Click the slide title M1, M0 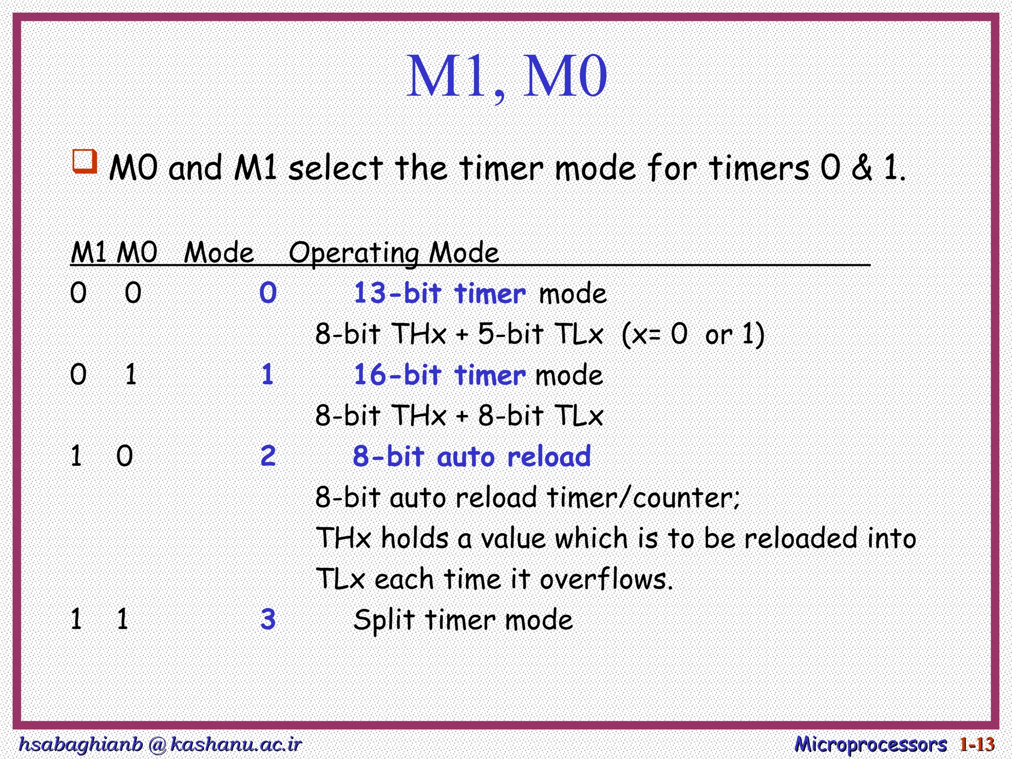506,77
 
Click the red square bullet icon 84,161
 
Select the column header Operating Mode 393,253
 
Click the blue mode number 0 268,293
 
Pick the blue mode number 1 267,375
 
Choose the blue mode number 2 268,456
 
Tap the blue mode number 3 268,619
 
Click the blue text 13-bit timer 440,293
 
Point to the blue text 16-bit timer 440,375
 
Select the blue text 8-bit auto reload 471,456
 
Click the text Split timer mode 463,620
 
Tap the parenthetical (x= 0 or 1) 693,334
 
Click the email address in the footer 160,744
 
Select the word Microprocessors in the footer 870,744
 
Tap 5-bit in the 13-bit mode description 511,334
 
